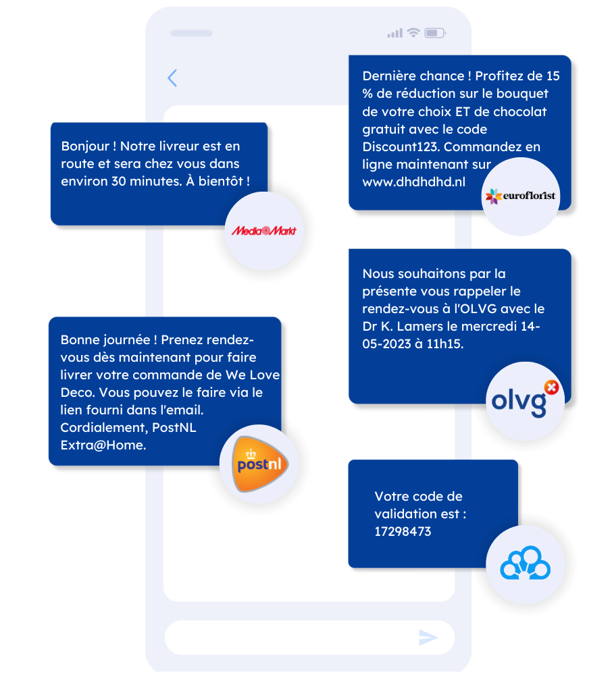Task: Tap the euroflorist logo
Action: coord(520,196)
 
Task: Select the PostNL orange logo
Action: coord(259,464)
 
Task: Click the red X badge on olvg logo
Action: coord(552,387)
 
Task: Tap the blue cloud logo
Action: coord(525,564)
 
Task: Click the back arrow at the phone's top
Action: coord(172,78)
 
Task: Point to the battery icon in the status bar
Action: coord(435,32)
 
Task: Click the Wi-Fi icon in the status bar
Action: coord(414,32)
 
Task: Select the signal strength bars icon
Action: coord(395,33)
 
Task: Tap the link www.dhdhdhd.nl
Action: coord(413,182)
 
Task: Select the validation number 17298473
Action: coord(403,531)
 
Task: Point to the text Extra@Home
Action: coord(103,445)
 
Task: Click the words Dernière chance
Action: coord(415,76)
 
